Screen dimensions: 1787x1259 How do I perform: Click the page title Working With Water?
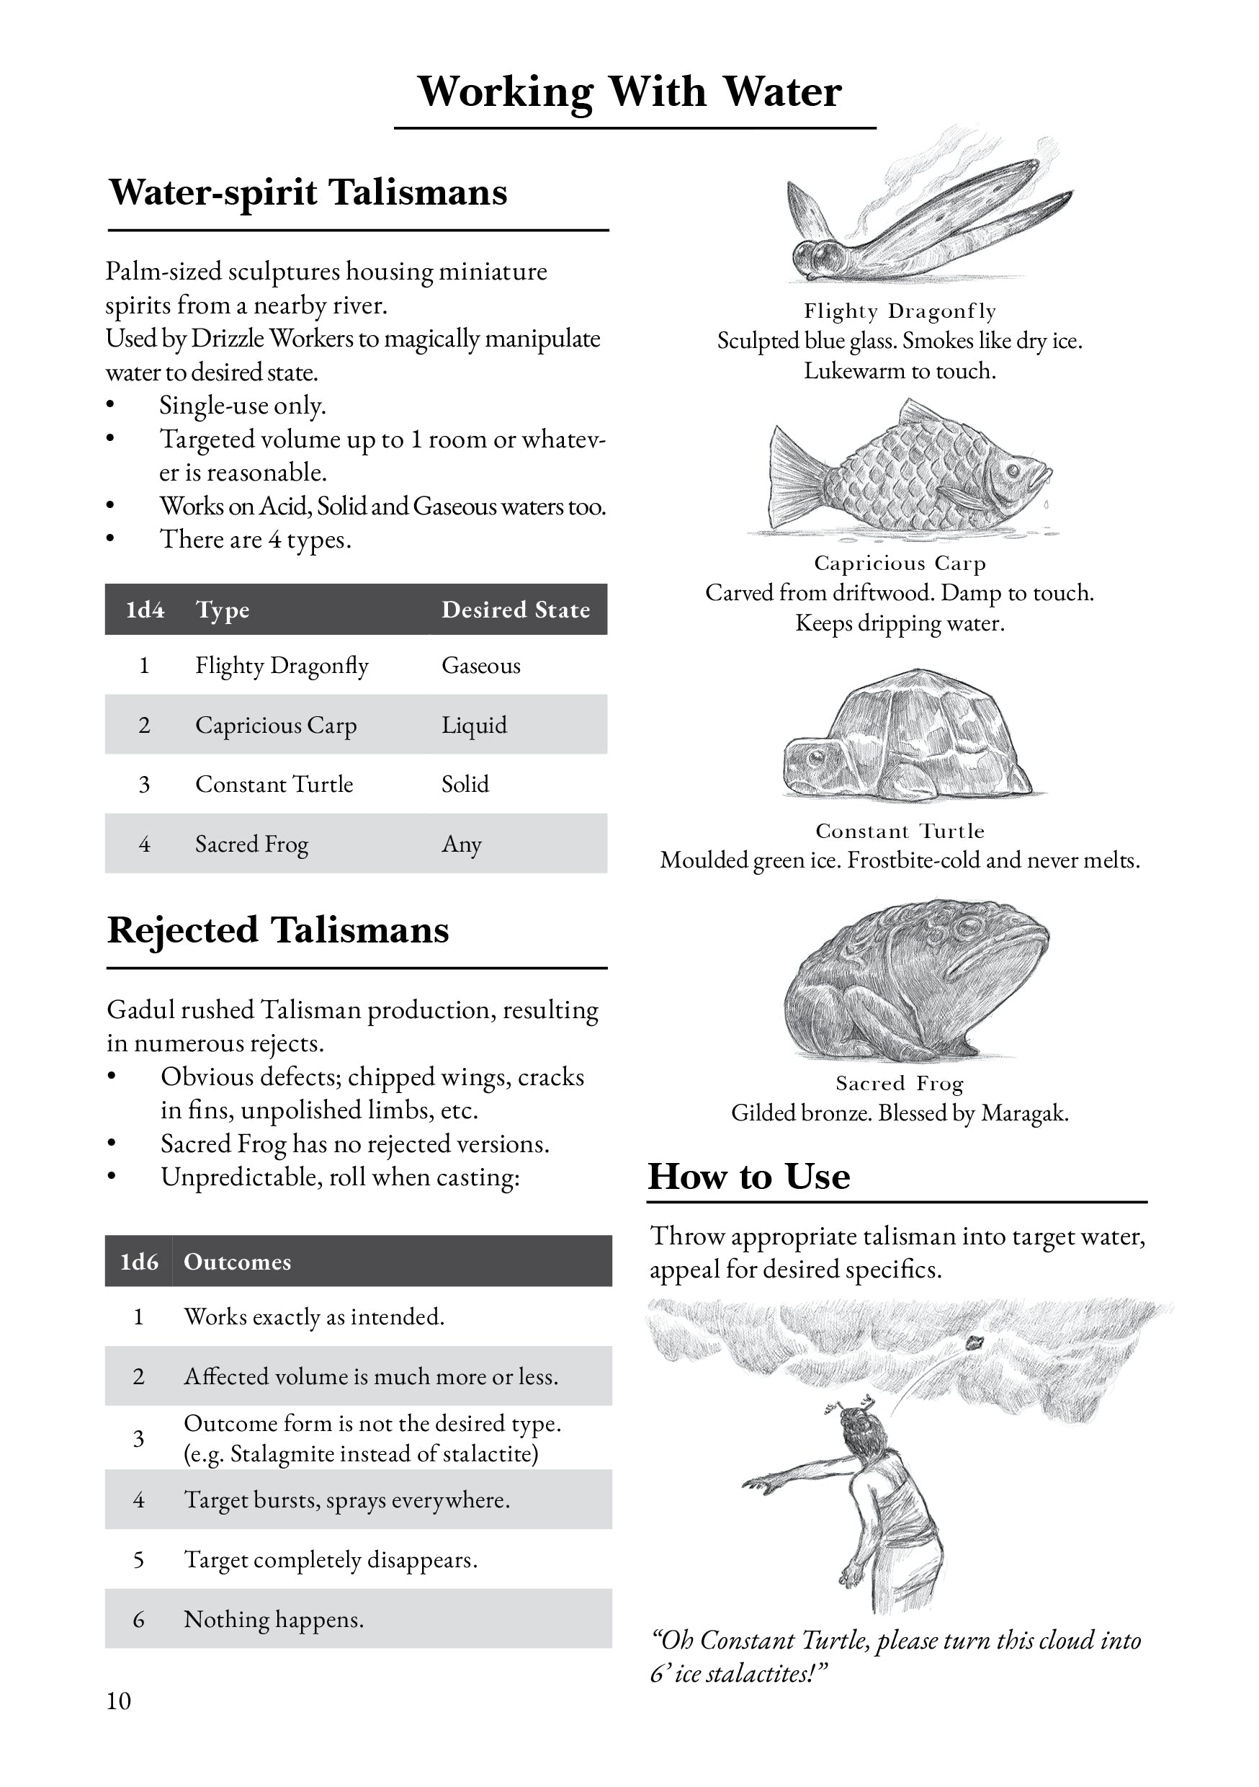(x=629, y=92)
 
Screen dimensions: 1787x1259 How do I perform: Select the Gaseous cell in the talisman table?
(x=481, y=666)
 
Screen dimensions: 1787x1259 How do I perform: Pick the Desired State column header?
(x=515, y=610)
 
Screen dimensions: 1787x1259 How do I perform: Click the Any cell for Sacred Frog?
(x=462, y=844)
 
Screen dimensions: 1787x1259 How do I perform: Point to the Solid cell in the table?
(x=465, y=785)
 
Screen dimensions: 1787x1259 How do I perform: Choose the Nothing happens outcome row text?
(x=273, y=1620)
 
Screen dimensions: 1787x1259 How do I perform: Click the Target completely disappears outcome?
(x=330, y=1560)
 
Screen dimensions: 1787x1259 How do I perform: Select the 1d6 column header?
(x=138, y=1262)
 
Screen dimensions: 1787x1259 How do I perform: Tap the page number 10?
(x=119, y=1701)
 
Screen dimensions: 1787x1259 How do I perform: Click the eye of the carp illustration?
(x=1014, y=471)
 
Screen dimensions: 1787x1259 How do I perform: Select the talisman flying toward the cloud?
(x=975, y=1341)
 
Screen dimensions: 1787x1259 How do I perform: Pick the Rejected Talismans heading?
(x=278, y=931)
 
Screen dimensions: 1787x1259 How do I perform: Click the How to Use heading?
(x=748, y=1176)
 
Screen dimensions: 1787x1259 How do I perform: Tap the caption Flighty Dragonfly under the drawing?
(x=900, y=311)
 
